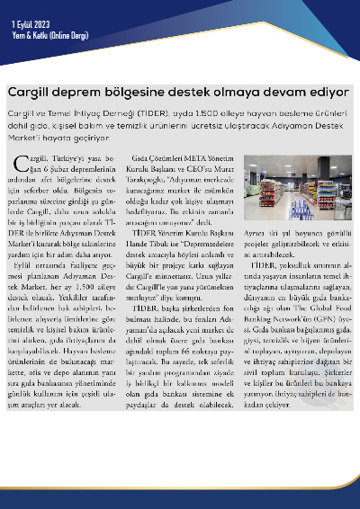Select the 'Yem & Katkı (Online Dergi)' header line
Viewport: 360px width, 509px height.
pos(43,30)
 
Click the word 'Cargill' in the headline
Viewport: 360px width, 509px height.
pos(29,92)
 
